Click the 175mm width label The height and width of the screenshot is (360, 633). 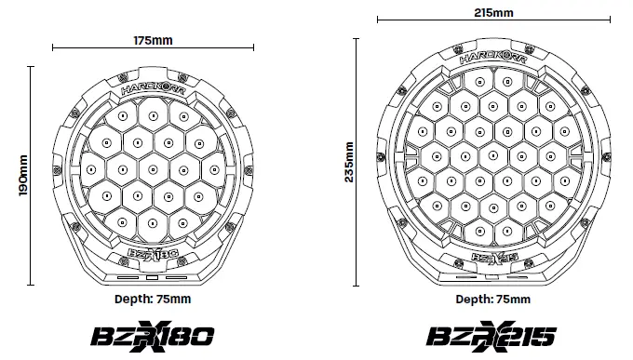[154, 40]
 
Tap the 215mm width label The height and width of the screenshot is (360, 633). [493, 13]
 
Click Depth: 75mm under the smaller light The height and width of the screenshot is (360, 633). [153, 299]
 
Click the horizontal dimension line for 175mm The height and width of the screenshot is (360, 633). [93, 47]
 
